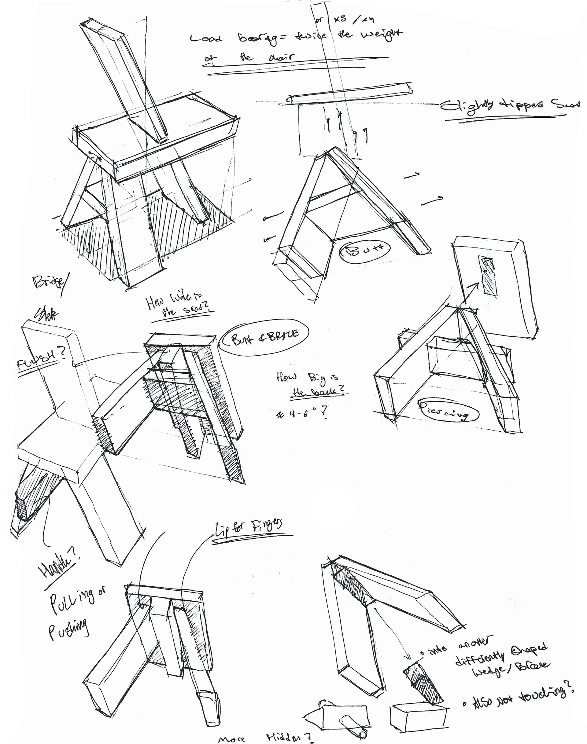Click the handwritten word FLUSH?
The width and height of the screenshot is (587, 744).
(x=42, y=359)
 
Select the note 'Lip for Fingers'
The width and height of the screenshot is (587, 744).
(x=249, y=529)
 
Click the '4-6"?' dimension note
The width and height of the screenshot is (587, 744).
(x=301, y=414)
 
